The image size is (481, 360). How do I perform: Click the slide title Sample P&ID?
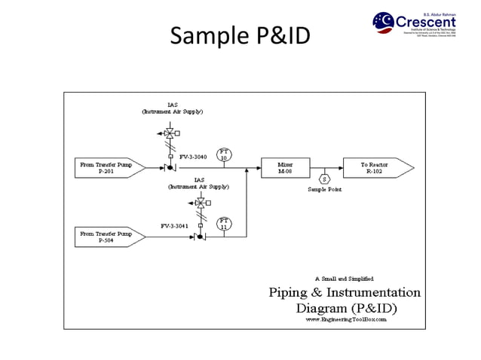240,35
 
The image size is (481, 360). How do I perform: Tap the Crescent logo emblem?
383,22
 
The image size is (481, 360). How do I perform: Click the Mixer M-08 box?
284,168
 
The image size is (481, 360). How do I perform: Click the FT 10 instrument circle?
224,154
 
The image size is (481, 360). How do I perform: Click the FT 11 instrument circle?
224,223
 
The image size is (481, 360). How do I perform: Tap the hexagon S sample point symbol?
324,179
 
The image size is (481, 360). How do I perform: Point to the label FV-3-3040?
193,157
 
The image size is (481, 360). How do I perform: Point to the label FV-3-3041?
174,225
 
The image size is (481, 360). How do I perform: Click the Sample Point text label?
324,190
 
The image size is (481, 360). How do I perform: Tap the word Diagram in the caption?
325,308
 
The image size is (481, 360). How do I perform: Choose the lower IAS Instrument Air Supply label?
199,183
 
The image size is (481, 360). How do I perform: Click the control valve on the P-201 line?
170,168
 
